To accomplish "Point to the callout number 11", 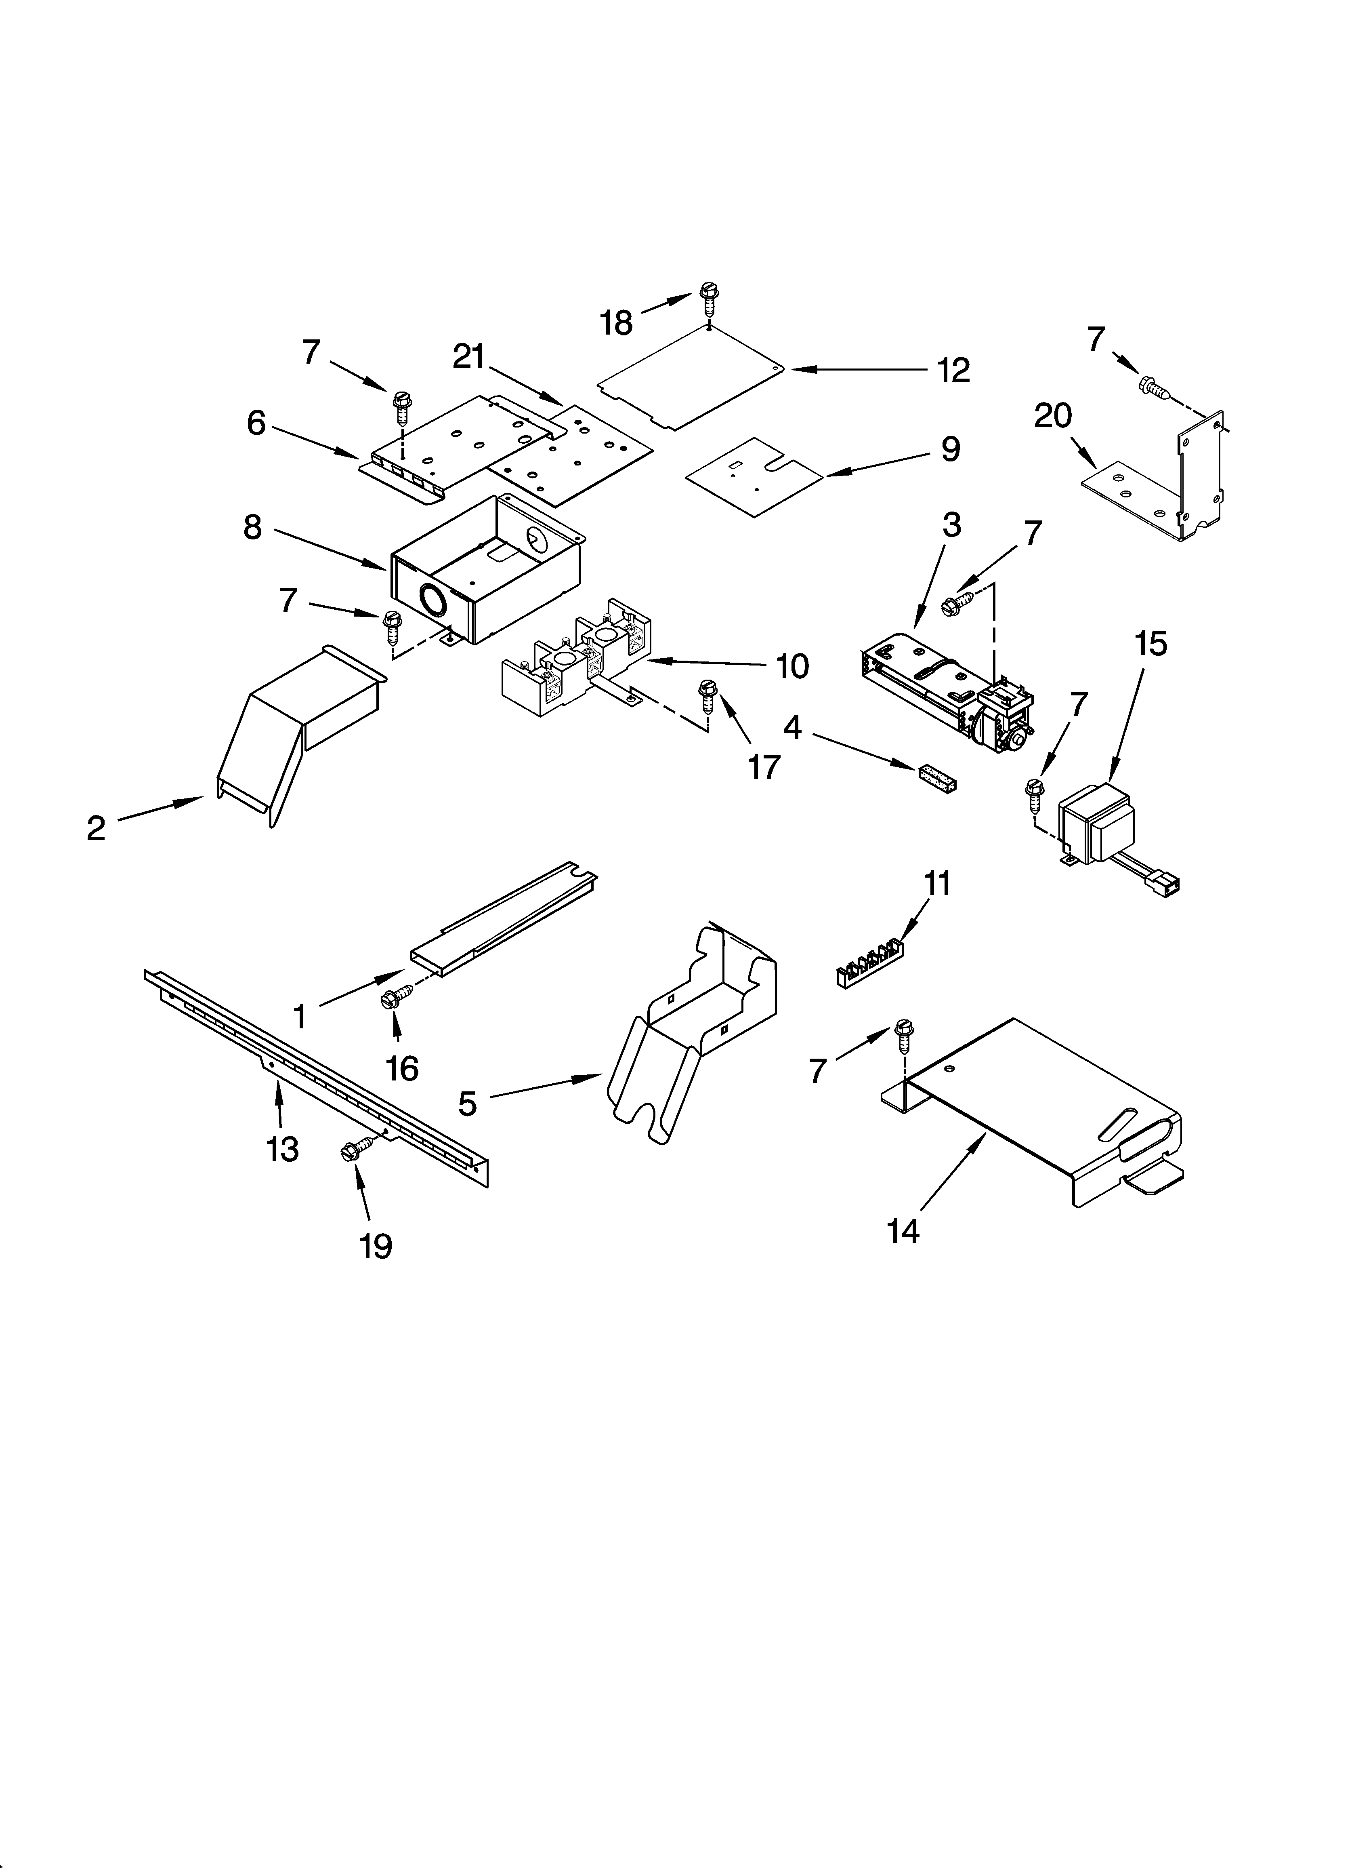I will [x=937, y=884].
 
